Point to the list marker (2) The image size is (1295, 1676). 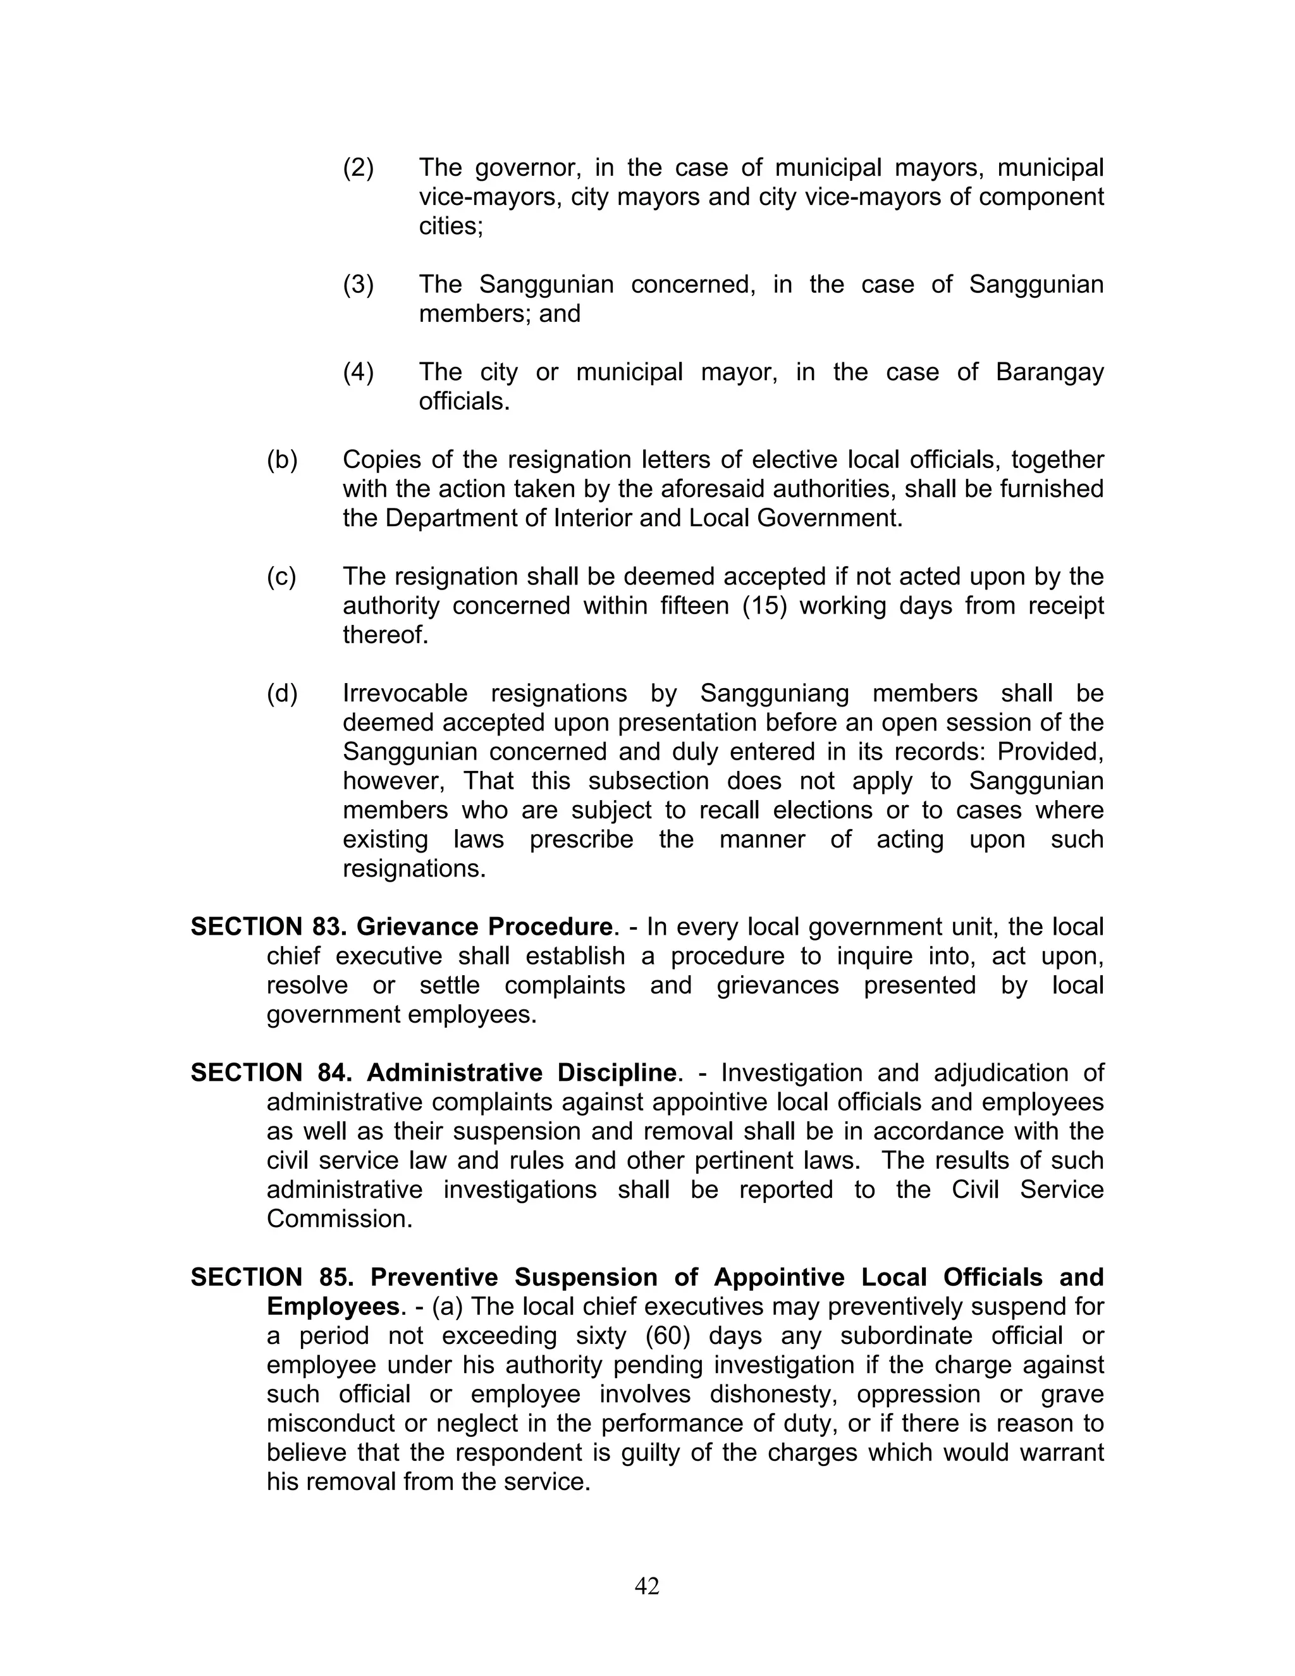tap(359, 168)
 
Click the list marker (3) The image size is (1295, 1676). tap(359, 285)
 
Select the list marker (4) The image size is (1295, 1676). tap(359, 372)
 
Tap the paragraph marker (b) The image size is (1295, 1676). tap(281, 460)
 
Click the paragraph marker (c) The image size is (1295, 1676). tap(281, 576)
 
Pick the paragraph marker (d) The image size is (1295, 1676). tap(281, 694)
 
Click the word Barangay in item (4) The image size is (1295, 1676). tap(1049, 372)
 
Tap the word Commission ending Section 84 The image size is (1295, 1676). tap(338, 1219)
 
